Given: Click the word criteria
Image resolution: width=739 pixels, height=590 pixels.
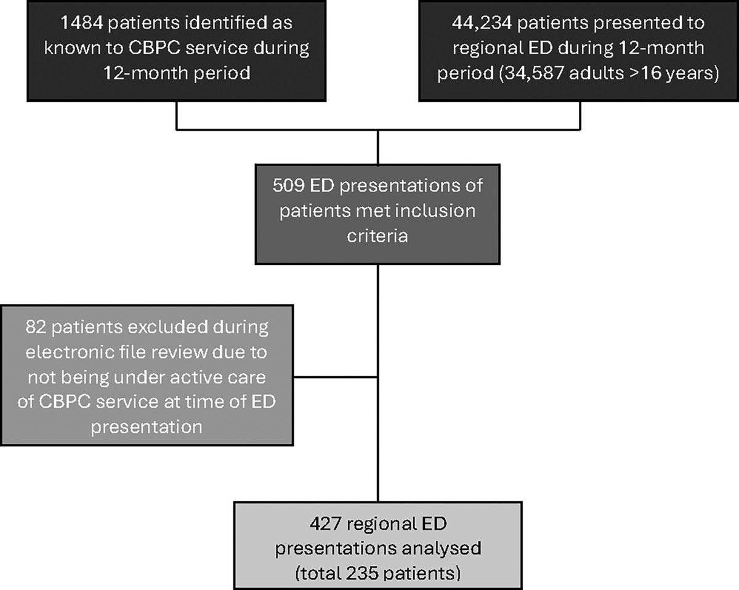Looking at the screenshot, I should point(378,235).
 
